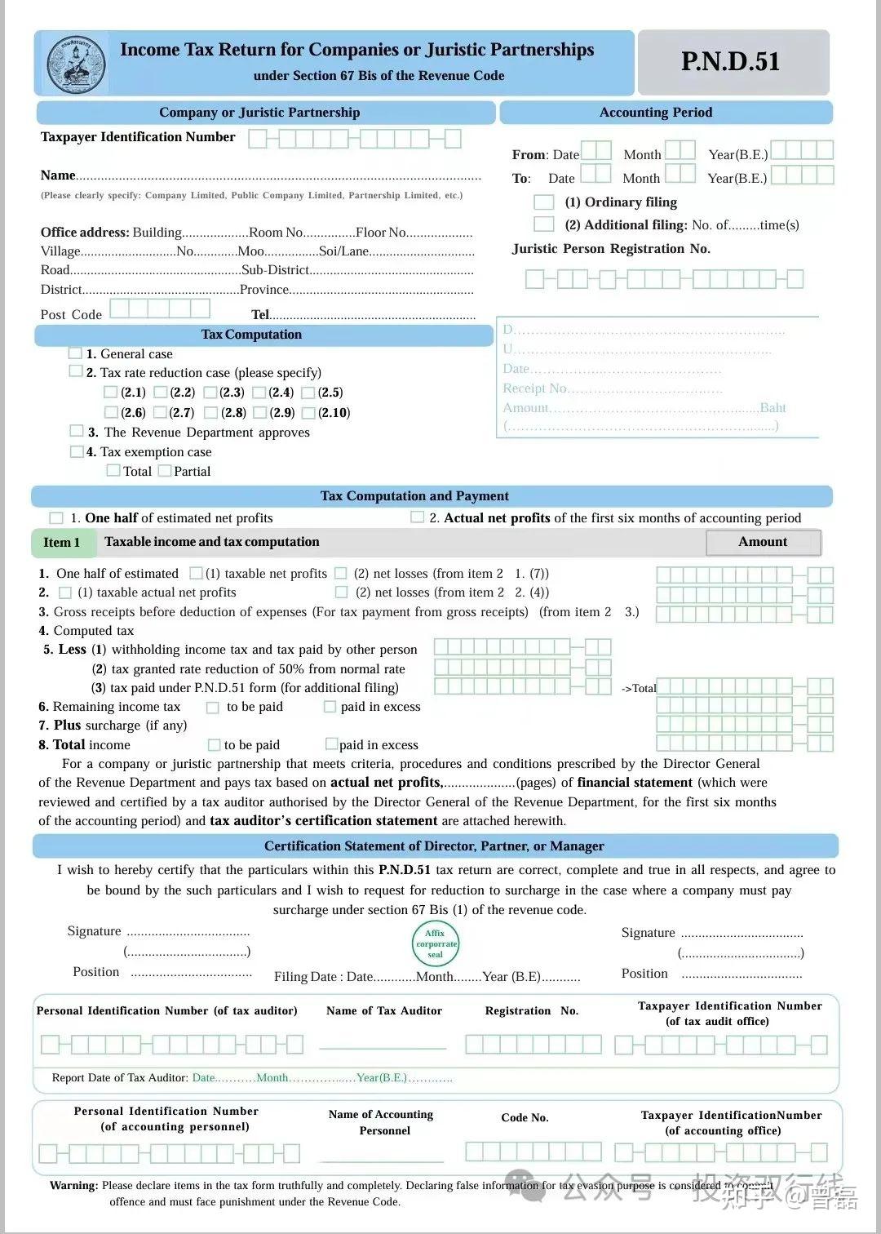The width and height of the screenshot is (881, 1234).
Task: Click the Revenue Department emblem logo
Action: point(77,64)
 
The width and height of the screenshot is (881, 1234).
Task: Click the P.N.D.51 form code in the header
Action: point(730,62)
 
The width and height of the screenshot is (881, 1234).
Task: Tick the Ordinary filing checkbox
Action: point(543,202)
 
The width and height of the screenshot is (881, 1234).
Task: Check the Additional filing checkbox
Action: point(543,224)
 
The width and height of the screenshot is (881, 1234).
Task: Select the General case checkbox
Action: point(76,353)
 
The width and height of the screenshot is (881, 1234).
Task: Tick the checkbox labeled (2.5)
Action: point(308,393)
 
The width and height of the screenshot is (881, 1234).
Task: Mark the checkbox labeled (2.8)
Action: point(211,413)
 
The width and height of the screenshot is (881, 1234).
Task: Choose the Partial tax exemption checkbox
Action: point(165,471)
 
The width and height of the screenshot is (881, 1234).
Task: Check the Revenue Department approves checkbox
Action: point(77,431)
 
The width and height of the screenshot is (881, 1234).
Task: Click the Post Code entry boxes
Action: point(160,308)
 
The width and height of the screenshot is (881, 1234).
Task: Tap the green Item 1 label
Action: point(62,542)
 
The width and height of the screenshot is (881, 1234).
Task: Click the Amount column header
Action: point(763,542)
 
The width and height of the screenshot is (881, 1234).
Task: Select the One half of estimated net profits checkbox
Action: point(56,518)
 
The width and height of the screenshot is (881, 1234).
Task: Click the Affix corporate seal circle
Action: point(436,943)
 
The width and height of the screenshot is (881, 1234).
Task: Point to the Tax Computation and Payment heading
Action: point(414,496)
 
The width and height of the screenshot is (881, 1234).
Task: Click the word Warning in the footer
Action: point(73,1185)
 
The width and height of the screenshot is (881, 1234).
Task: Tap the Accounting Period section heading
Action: point(656,113)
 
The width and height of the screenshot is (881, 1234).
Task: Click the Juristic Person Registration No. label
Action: point(611,249)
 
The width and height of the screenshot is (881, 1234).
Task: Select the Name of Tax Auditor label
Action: point(384,1010)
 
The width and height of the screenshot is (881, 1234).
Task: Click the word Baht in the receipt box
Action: point(773,407)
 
